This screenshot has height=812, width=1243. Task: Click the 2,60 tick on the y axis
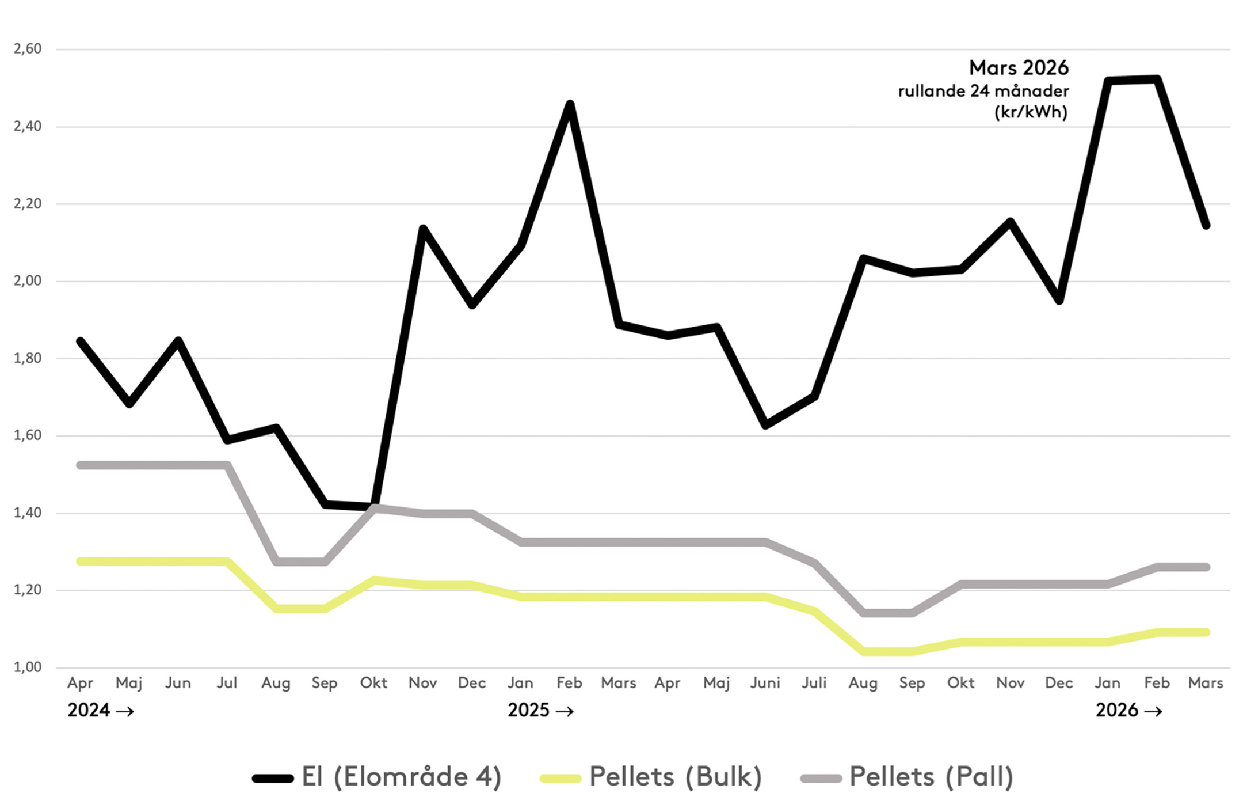point(28,49)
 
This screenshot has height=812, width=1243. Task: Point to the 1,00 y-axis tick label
point(28,667)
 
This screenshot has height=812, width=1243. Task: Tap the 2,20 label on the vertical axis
point(28,203)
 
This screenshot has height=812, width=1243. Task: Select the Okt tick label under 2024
point(373,683)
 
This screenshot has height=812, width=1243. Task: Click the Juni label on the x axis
point(765,683)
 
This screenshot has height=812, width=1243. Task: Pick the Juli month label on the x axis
point(814,683)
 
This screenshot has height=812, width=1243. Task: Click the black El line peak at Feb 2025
point(570,104)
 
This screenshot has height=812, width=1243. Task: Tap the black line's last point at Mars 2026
point(1206,226)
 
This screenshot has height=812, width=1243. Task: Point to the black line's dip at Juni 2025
point(765,425)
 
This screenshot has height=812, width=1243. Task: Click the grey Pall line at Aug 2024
point(276,561)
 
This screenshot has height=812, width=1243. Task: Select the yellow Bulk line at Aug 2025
point(863,651)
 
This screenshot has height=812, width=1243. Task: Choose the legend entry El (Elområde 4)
point(401,777)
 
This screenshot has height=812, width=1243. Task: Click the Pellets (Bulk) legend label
point(675,777)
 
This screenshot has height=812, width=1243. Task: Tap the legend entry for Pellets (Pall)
point(931,777)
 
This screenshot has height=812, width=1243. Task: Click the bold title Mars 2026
point(1019,68)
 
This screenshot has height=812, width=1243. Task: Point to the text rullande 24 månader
point(983,91)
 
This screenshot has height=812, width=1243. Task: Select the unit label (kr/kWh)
point(1031,112)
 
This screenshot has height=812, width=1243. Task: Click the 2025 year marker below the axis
point(528,710)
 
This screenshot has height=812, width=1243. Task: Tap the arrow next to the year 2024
point(125,711)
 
